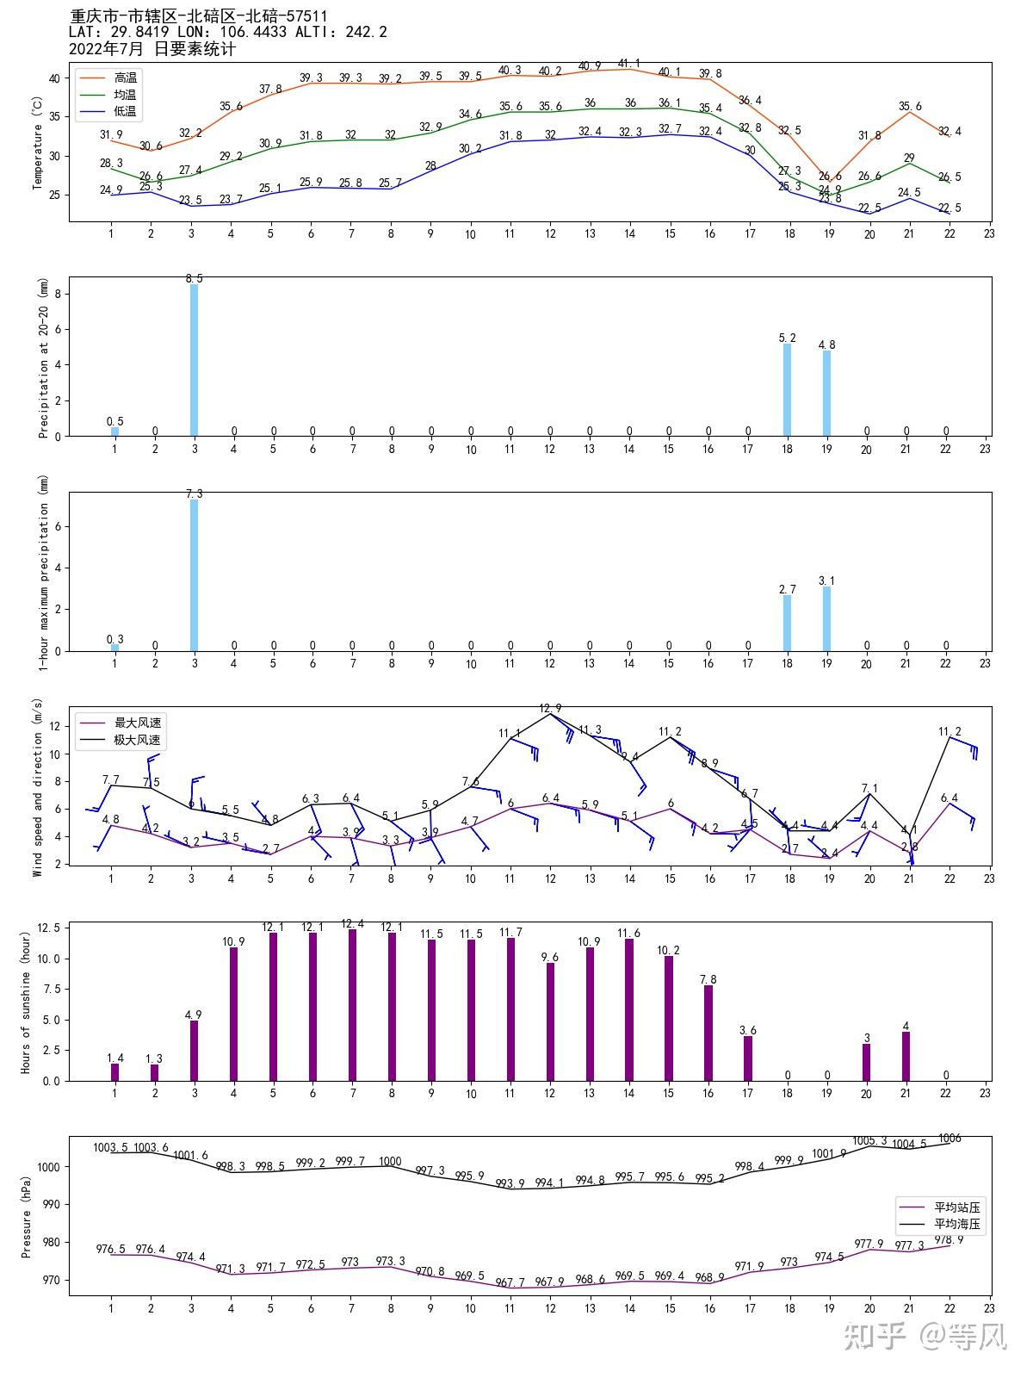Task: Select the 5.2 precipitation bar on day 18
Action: tap(787, 389)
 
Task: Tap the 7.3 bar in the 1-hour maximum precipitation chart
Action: tap(194, 574)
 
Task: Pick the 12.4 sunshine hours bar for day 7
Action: tap(352, 1004)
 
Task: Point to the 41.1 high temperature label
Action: tap(629, 64)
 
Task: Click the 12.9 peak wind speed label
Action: tap(550, 709)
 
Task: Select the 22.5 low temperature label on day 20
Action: tap(869, 208)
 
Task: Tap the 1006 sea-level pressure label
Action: tap(949, 1139)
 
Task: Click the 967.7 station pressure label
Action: tap(510, 1282)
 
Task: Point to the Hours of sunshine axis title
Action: tap(26, 1002)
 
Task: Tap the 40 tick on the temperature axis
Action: tap(54, 78)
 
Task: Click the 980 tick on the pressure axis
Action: tap(50, 1242)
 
